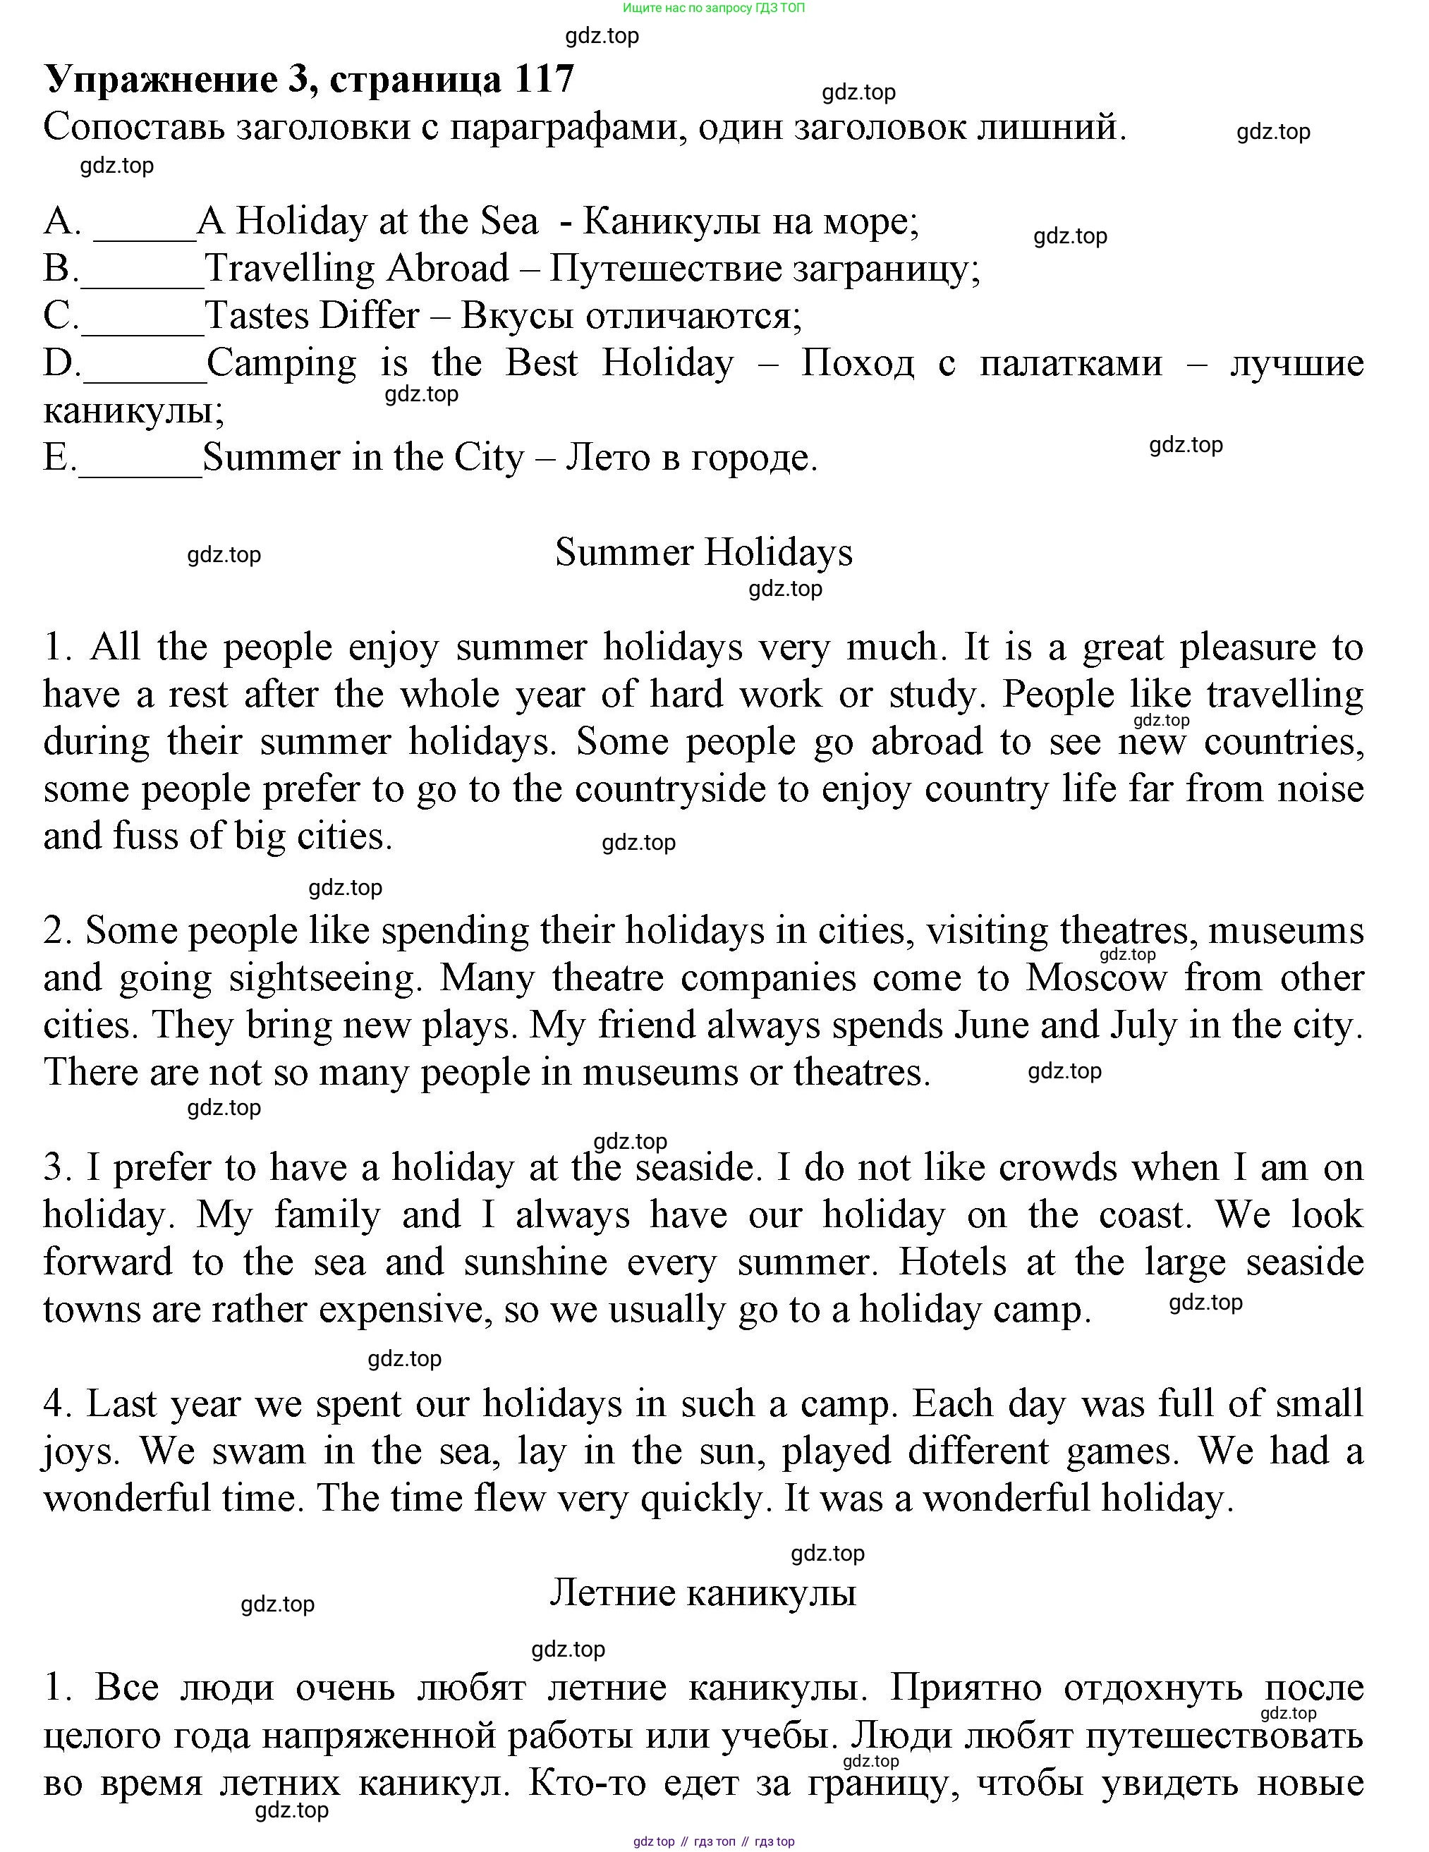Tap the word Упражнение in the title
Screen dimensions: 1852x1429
click(159, 79)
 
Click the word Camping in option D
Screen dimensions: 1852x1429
click(281, 363)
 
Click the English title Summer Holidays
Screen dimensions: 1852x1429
click(703, 553)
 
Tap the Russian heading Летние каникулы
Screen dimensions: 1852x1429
click(703, 1592)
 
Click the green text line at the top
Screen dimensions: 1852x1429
click(713, 8)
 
